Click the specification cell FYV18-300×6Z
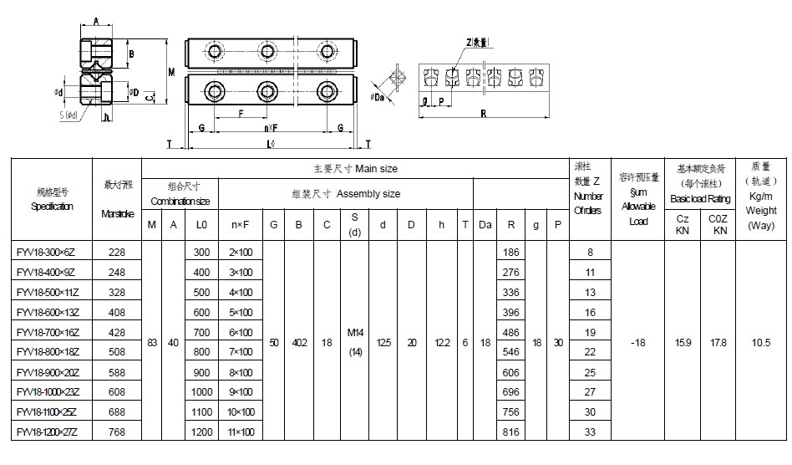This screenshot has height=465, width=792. click(x=48, y=252)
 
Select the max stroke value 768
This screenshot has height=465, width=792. click(x=116, y=432)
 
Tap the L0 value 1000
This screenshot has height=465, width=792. click(x=202, y=392)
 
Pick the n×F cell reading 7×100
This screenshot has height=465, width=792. click(x=241, y=352)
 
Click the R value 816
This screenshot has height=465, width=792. click(x=512, y=432)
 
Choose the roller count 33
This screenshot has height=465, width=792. click(x=590, y=432)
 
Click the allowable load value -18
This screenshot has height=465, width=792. click(x=639, y=343)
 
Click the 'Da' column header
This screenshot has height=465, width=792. click(x=485, y=223)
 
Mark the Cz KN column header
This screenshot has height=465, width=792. click(x=682, y=223)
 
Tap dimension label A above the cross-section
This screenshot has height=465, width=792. click(x=96, y=22)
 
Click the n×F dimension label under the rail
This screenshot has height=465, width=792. click(x=271, y=128)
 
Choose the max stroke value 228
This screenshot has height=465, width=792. click(x=116, y=252)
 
